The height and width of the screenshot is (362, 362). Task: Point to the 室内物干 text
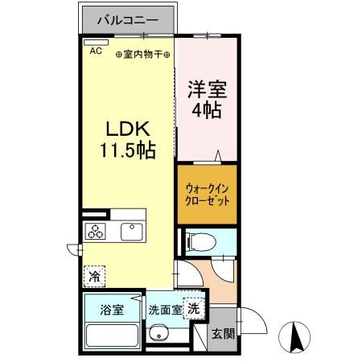[x=142, y=55]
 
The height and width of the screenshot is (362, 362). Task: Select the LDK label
[x=125, y=130]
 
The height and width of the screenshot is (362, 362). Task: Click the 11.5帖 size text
[x=126, y=150]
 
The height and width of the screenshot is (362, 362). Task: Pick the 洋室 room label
[x=208, y=87]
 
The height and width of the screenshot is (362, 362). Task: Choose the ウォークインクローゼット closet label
[x=208, y=193]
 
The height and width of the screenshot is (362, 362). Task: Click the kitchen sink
[x=131, y=232]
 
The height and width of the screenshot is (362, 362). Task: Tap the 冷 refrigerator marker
[x=95, y=277]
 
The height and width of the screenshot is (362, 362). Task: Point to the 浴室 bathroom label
[x=111, y=310]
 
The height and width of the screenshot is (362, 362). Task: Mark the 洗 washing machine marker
[x=193, y=307]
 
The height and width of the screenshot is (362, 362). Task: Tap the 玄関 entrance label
[x=222, y=335]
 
